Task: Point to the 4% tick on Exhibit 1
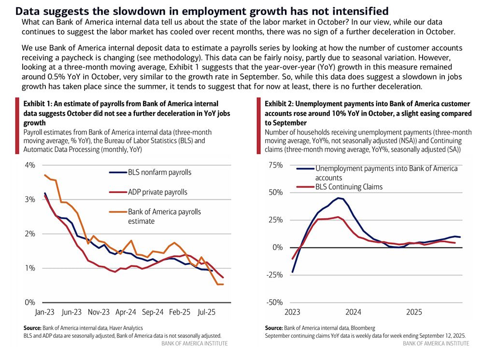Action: click(x=30, y=165)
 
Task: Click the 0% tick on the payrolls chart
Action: click(x=30, y=303)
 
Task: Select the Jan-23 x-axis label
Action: click(x=44, y=312)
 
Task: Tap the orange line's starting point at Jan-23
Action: click(x=45, y=175)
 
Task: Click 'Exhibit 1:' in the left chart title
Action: click(x=39, y=104)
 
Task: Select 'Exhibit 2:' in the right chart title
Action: click(x=280, y=104)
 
